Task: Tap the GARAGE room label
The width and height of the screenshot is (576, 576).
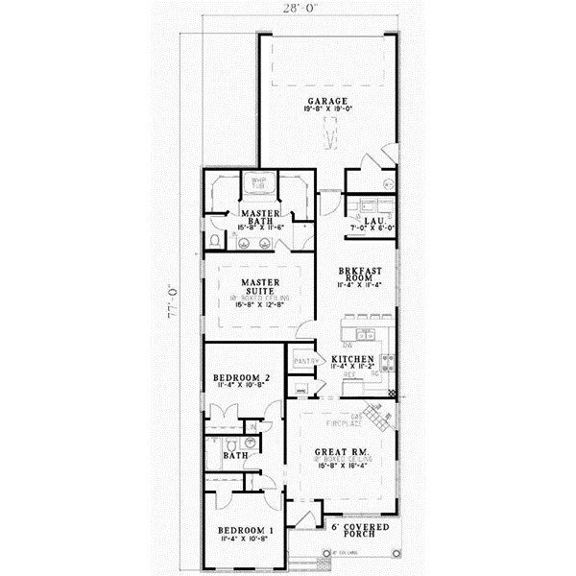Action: (326, 101)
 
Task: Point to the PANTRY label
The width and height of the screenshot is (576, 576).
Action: (305, 360)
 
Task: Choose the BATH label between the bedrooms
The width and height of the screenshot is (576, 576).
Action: (235, 456)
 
